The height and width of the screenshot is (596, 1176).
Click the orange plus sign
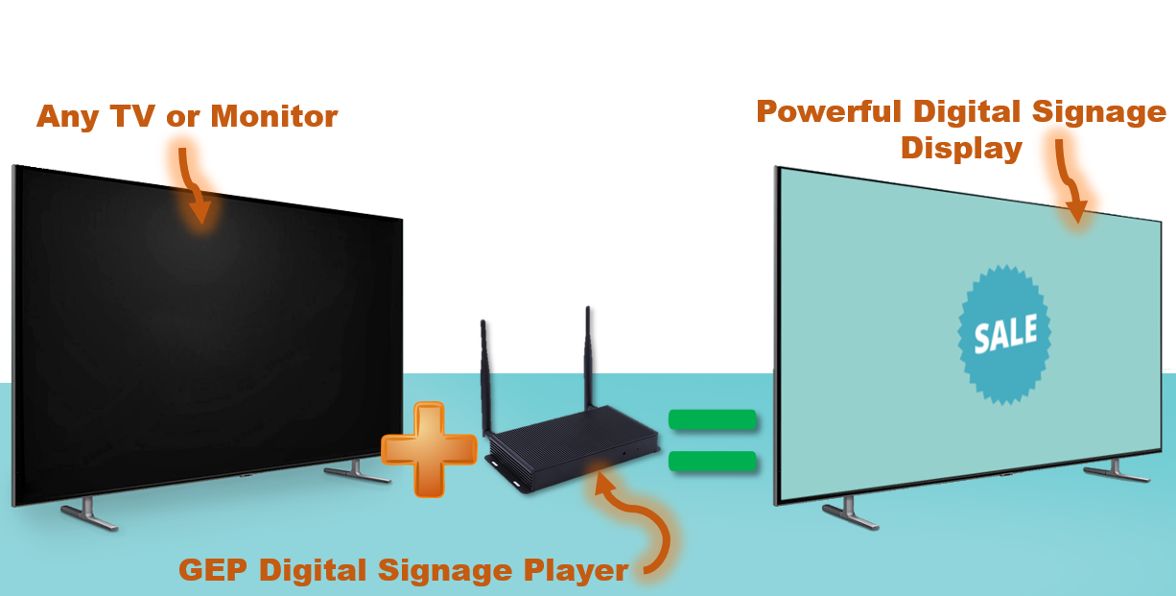tap(429, 450)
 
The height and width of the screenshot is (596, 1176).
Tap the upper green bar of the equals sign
tap(713, 420)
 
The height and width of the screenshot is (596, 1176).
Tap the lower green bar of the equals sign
tap(713, 462)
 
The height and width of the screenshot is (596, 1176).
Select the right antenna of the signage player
tap(588, 360)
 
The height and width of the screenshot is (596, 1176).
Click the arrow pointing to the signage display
tap(1070, 182)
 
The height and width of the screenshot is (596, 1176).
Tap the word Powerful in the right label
tap(829, 112)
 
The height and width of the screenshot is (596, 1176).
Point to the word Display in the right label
tap(961, 149)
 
